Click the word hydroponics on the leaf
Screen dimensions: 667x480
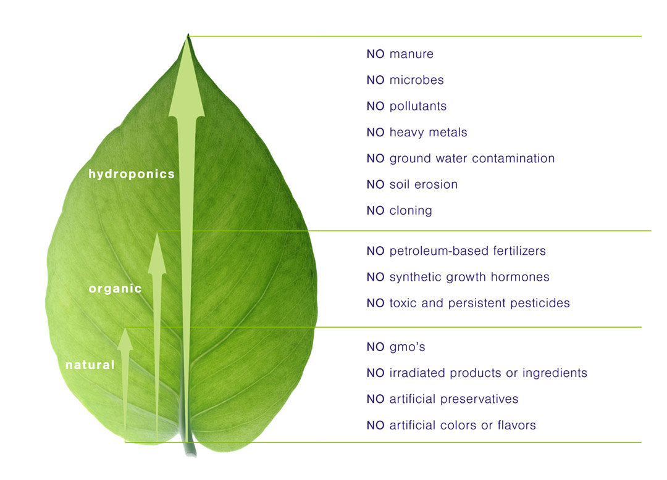tap(132, 174)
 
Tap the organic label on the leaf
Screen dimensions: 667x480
tap(115, 289)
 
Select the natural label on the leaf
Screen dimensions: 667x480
tap(90, 365)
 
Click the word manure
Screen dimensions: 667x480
tap(411, 54)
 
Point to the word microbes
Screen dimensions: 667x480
tap(416, 80)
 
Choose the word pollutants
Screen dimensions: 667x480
tap(418, 106)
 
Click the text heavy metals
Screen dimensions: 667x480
tap(429, 133)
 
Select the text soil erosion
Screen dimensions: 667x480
tap(424, 184)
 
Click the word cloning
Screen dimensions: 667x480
tap(411, 210)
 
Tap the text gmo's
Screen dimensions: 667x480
tap(408, 347)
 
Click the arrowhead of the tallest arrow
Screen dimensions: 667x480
tap(187, 76)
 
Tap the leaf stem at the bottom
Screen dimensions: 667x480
tap(190, 446)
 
